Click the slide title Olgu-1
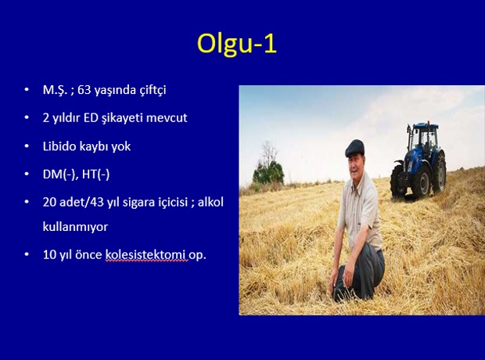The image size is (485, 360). [x=237, y=44]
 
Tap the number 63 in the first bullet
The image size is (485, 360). [x=84, y=90]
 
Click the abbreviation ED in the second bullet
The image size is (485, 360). [x=91, y=118]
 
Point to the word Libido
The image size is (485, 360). [x=59, y=146]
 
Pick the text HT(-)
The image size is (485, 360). [x=96, y=175]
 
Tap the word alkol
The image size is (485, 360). [x=210, y=202]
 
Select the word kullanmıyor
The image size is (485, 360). [x=75, y=227]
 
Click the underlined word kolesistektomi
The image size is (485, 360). [x=146, y=255]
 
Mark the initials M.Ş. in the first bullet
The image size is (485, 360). [x=55, y=90]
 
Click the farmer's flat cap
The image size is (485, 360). [x=354, y=148]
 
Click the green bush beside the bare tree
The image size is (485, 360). [x=268, y=172]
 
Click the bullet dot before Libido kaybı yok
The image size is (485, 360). [x=27, y=146]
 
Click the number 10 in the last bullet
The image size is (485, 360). [x=49, y=255]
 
